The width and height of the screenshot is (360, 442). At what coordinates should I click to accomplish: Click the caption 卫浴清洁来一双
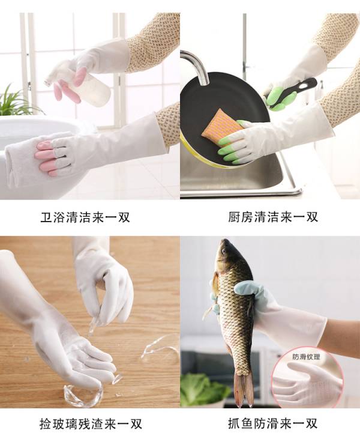pyautogui.click(x=85, y=217)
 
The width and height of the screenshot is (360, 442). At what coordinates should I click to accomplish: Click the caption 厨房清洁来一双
pyautogui.click(x=273, y=217)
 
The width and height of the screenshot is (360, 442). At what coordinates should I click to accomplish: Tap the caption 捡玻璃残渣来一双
pyautogui.click(x=91, y=423)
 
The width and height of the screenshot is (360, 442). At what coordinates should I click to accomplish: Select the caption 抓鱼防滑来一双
pyautogui.click(x=273, y=423)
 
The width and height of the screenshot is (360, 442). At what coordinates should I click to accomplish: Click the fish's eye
pyautogui.click(x=224, y=250)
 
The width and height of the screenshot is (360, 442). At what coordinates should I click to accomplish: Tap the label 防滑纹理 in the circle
pyautogui.click(x=306, y=357)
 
